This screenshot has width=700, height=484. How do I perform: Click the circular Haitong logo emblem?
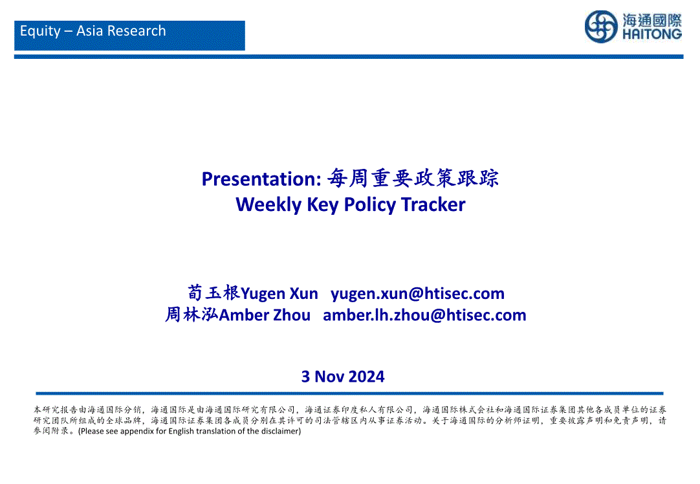(x=601, y=27)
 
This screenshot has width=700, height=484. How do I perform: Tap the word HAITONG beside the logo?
(x=652, y=34)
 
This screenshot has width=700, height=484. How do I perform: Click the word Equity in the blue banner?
(x=40, y=31)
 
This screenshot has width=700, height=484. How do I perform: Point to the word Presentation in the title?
(x=261, y=179)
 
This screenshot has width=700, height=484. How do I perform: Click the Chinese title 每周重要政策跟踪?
(x=413, y=178)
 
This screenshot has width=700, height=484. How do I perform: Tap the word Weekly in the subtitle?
(x=268, y=205)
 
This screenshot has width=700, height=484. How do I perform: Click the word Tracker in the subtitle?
(x=433, y=204)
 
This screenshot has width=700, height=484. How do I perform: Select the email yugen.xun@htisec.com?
(x=417, y=294)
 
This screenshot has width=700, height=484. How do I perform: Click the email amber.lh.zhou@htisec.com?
(x=424, y=315)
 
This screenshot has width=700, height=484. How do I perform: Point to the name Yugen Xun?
(x=279, y=294)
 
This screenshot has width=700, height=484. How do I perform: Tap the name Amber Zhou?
(x=265, y=315)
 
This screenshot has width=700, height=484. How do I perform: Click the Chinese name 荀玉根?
(x=214, y=293)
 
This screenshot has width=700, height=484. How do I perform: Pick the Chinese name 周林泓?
(x=192, y=314)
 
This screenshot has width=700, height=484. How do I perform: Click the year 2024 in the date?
(x=366, y=377)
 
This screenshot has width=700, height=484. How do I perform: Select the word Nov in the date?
(x=329, y=377)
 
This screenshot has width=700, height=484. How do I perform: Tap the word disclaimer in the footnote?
(x=281, y=432)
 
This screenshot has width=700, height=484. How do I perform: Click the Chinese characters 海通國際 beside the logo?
(x=652, y=20)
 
